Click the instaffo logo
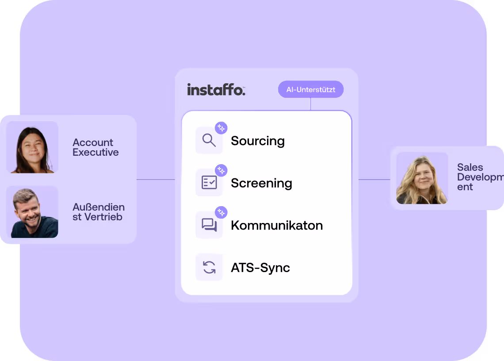216,89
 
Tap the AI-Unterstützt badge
310,89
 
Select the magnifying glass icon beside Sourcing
209,141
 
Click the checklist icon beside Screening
209,183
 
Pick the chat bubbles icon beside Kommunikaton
209,225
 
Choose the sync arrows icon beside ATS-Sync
209,267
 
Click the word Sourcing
258,141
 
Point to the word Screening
261,183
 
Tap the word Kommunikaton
277,225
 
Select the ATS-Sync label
260,268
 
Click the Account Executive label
95,147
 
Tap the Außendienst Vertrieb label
99,212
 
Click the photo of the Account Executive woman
32,147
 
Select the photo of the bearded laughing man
32,212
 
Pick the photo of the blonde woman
422,178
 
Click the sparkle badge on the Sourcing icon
221,128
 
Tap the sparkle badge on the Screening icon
221,170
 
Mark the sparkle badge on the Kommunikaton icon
221,212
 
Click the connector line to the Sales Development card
374,180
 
